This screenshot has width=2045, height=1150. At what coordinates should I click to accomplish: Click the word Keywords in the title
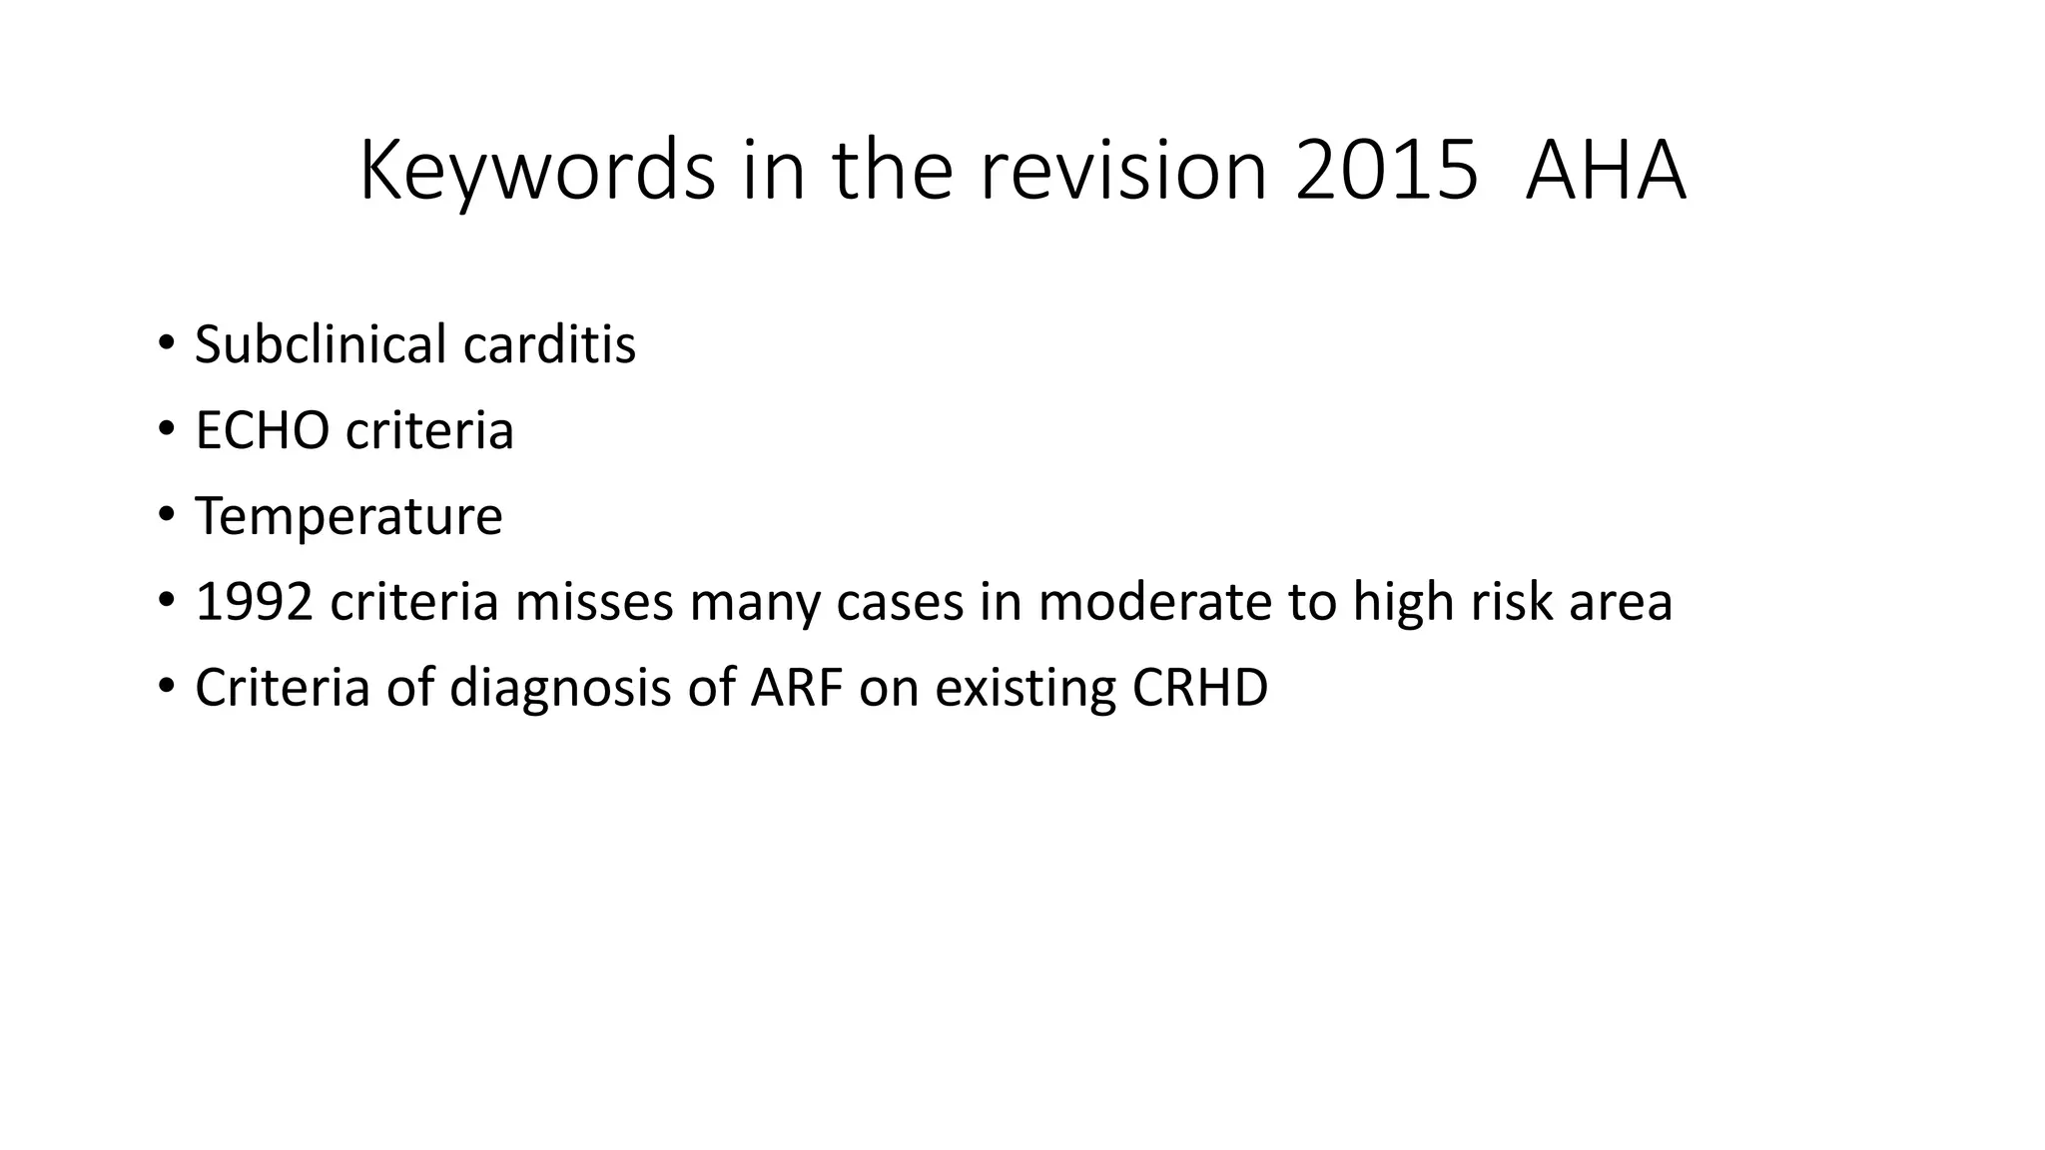[537, 172]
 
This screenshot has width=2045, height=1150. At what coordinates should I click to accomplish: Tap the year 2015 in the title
[1386, 172]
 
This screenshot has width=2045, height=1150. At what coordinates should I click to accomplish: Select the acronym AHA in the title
[1606, 172]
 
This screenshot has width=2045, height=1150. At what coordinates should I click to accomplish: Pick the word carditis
[549, 344]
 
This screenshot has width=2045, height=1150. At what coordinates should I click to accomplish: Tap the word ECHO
[262, 430]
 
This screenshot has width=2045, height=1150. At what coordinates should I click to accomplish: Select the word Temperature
[348, 516]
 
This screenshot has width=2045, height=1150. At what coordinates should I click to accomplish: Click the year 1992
[254, 602]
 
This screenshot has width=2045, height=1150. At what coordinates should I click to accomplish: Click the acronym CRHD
[1200, 688]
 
